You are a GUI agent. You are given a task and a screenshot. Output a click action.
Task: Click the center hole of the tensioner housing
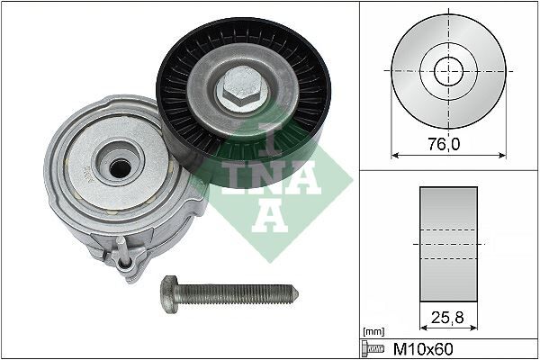(116, 166)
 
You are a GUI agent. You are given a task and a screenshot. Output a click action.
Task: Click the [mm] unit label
(372, 332)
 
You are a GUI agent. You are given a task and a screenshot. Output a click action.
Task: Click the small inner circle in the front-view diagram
(447, 70)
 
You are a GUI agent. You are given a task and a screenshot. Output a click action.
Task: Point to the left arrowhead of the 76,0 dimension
(394, 152)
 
